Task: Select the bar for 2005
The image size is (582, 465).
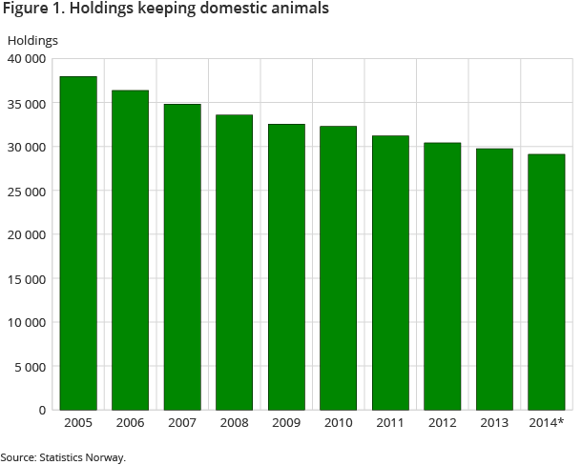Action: pos(78,243)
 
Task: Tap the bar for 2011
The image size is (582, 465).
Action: pos(390,273)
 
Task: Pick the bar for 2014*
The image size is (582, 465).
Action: pos(546,282)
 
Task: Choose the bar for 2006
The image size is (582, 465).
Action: pos(130,250)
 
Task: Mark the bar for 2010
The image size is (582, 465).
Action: pos(338,268)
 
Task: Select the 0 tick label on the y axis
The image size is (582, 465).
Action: pos(42,410)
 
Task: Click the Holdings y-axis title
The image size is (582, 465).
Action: pos(32,40)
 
